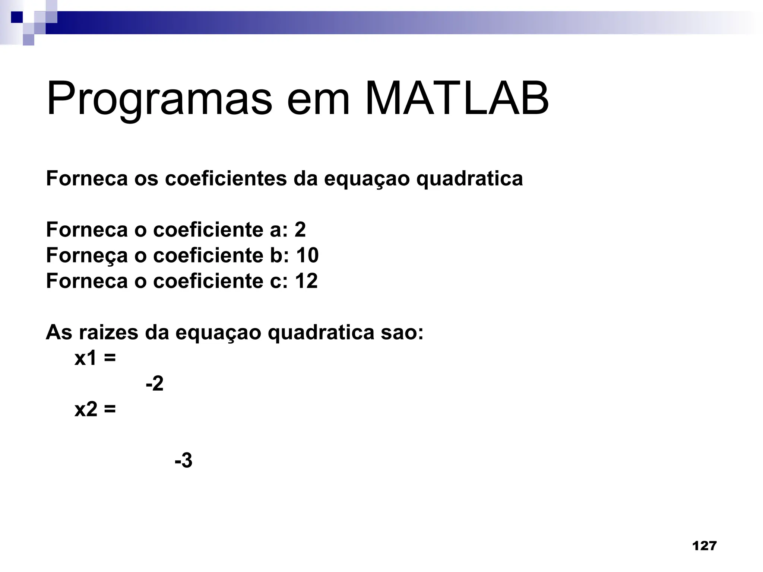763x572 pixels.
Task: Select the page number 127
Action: coord(704,546)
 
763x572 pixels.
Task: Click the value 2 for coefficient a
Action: coord(300,229)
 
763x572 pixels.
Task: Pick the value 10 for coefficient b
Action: coord(307,255)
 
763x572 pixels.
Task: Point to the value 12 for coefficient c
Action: coord(306,281)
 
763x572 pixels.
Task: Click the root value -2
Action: coord(155,384)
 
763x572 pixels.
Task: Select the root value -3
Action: coord(183,461)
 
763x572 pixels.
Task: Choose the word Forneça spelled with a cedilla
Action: coord(87,256)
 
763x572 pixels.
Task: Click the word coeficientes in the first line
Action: coord(226,178)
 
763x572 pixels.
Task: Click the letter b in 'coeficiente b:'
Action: coord(276,255)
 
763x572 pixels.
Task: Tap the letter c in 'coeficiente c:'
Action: coord(276,282)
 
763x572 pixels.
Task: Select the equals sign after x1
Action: coord(110,359)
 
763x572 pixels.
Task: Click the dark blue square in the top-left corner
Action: coord(16,17)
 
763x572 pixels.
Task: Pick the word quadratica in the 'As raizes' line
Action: coord(321,332)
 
